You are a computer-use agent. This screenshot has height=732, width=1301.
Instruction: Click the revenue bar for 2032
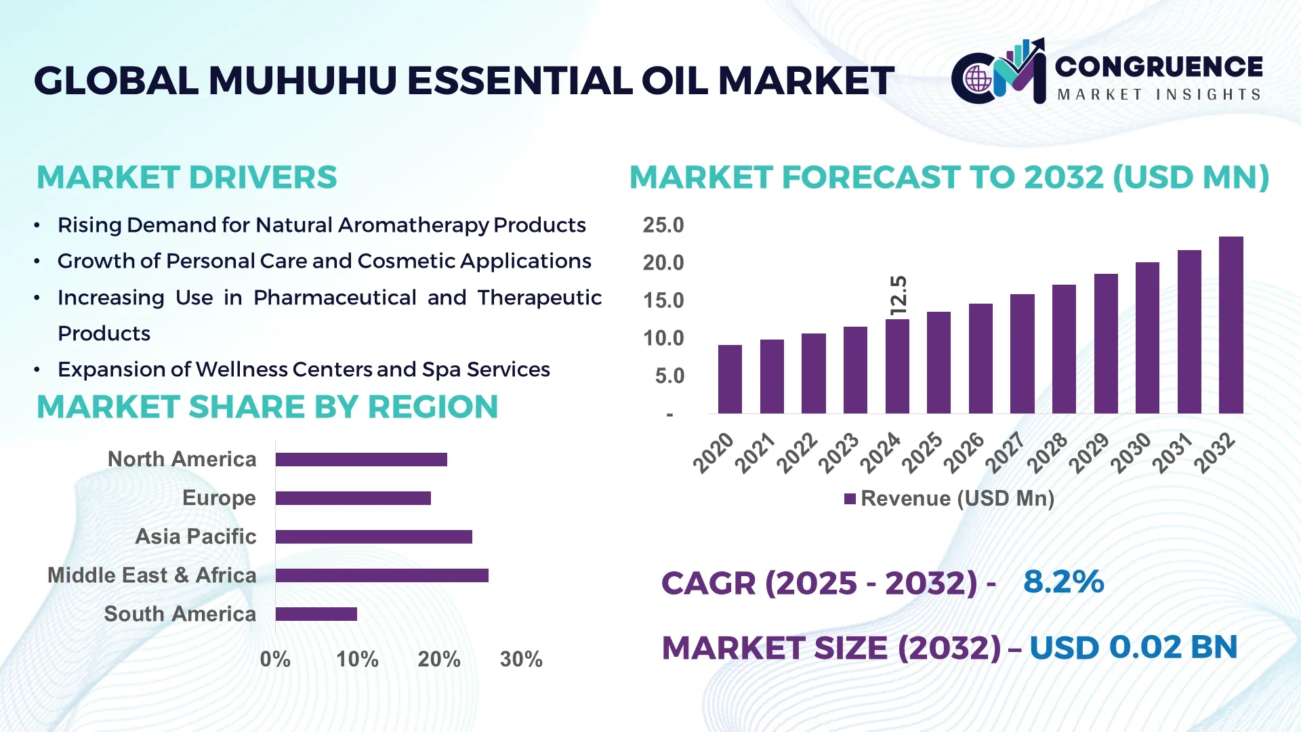point(1231,325)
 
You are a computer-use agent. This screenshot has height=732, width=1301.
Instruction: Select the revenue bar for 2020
point(730,380)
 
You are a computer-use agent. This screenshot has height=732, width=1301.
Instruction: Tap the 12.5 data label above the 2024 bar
point(898,295)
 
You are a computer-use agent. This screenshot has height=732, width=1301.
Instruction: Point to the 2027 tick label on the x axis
point(1005,452)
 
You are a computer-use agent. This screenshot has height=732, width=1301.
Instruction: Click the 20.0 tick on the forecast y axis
point(663,263)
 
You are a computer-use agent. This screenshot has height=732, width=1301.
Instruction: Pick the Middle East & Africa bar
point(381,575)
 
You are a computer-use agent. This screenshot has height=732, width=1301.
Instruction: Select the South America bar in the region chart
point(316,614)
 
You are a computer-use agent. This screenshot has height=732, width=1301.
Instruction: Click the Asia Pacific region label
point(196,536)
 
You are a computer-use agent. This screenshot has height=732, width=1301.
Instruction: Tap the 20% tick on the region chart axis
point(439,659)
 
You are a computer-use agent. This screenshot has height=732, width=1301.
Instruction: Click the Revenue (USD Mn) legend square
point(850,499)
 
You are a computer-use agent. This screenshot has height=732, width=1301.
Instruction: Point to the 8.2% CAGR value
point(1063,582)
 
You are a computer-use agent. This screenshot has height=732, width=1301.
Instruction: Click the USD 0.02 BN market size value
point(1133,647)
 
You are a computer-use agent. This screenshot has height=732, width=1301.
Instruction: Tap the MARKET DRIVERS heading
point(186,178)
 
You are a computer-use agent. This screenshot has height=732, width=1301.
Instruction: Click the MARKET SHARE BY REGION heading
point(267,407)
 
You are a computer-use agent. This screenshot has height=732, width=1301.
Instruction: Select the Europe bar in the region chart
point(353,498)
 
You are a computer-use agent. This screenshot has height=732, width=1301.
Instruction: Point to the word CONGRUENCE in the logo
point(1159,66)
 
